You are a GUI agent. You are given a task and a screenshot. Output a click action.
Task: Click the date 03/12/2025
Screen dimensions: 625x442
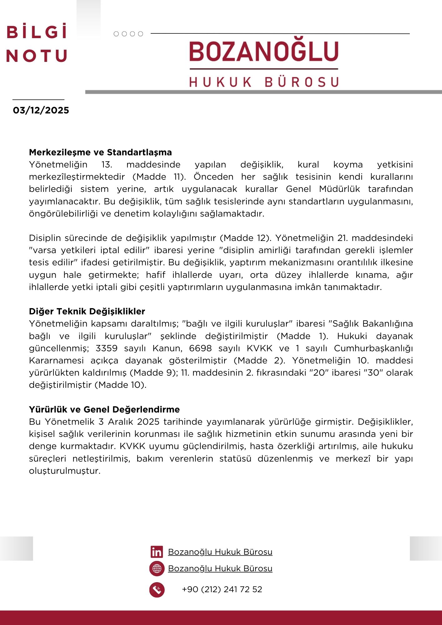click(41, 110)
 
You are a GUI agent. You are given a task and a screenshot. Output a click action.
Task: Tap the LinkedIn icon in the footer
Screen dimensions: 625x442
click(157, 552)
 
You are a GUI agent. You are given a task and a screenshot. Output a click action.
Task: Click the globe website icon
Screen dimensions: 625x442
click(157, 568)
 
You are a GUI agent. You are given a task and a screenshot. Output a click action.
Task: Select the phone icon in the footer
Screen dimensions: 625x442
click(157, 590)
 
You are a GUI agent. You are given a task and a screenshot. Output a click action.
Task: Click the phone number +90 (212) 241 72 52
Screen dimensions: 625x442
click(222, 589)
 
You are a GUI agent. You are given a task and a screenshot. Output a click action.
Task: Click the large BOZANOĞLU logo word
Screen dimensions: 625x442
click(264, 52)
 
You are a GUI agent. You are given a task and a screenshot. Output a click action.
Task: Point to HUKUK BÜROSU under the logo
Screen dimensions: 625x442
click(264, 82)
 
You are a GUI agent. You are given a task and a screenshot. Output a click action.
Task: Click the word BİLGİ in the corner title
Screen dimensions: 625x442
click(37, 32)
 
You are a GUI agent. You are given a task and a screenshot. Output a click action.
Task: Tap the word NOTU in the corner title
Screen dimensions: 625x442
click(37, 56)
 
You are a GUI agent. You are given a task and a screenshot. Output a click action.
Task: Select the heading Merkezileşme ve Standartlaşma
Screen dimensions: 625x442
click(100, 152)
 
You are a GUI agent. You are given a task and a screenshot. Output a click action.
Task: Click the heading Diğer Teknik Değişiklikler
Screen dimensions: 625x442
click(87, 312)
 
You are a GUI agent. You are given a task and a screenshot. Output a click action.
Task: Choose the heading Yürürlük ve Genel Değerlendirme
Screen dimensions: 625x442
click(104, 410)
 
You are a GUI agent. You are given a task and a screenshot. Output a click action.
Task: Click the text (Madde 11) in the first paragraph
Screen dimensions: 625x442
click(159, 177)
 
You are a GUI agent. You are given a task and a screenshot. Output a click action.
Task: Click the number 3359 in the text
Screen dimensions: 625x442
click(107, 348)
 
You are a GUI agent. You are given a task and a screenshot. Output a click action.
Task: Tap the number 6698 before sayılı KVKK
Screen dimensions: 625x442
click(200, 348)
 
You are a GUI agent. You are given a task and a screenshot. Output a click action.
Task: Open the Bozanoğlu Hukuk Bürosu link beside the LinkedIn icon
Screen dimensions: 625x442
click(220, 552)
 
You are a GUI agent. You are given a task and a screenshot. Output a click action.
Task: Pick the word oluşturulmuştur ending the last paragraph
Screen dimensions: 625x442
click(65, 471)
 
